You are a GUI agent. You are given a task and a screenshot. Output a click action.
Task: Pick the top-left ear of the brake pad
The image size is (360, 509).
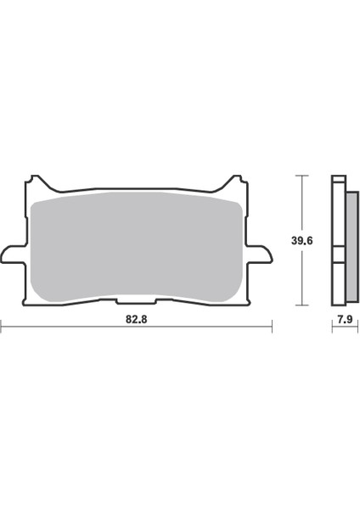[36, 182]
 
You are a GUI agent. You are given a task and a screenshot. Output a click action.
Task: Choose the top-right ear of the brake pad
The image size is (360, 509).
[234, 182]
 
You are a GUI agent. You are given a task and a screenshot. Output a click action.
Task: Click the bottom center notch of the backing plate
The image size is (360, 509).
[136, 299]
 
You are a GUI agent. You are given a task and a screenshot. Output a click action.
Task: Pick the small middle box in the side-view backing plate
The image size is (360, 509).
[336, 254]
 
